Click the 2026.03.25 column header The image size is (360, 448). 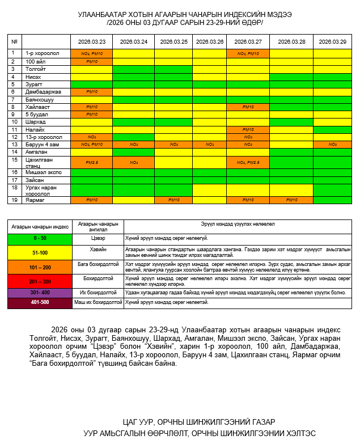pos(174,41)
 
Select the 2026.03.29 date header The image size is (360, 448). pos(332,41)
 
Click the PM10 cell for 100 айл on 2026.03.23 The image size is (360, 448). pos(91,61)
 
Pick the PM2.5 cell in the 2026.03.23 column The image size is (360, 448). pos(91,162)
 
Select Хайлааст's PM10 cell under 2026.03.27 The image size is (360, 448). pos(248,107)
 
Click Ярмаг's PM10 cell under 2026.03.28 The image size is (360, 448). pos(291,200)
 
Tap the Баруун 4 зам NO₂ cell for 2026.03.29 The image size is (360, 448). pos(332,145)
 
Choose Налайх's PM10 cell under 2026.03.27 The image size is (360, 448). pos(248,129)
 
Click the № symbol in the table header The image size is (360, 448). pos(14,41)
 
